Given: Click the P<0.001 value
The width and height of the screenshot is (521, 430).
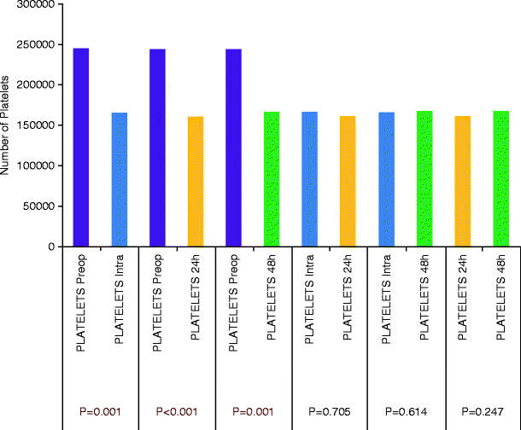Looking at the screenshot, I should pos(179,411).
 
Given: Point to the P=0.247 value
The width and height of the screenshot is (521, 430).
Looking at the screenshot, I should pos(480,411).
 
